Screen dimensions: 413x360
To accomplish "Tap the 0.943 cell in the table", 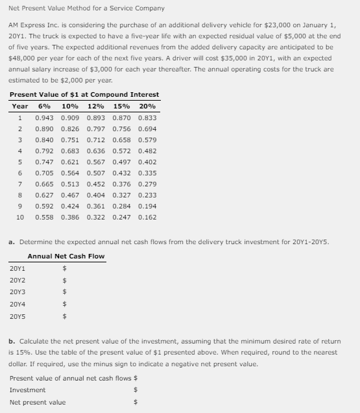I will pyautogui.click(x=44, y=118).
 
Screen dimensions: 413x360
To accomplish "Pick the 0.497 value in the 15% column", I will pyautogui.click(x=121, y=162).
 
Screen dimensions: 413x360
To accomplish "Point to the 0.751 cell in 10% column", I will pyautogui.click(x=70, y=140).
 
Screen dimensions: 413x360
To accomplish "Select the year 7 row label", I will pyautogui.click(x=20, y=184).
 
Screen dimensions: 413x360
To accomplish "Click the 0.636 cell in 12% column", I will pyautogui.click(x=95, y=151).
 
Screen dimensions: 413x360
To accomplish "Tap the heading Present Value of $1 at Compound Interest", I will pyautogui.click(x=84, y=95).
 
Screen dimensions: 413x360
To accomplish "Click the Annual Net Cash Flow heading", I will pyautogui.click(x=66, y=256).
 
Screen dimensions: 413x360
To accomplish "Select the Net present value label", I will pyautogui.click(x=38, y=402).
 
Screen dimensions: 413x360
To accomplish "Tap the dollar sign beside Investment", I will pyautogui.click(x=136, y=390).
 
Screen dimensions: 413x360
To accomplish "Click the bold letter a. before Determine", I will pyautogui.click(x=12, y=241).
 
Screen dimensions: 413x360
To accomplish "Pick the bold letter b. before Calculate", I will pyautogui.click(x=12, y=340).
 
